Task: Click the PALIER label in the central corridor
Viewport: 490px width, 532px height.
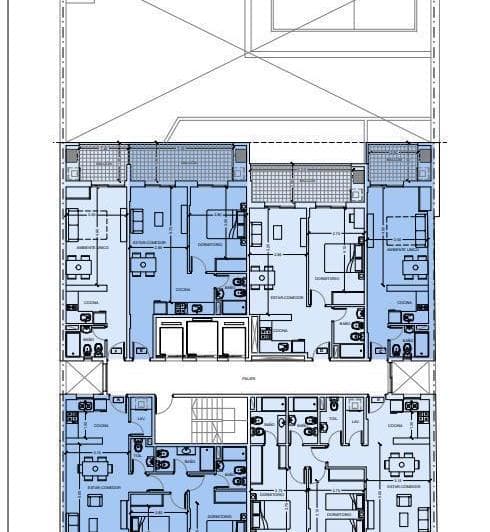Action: [247, 379]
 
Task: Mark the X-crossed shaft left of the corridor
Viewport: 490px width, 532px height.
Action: [83, 378]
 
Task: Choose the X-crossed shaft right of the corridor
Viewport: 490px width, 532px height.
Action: [410, 378]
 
